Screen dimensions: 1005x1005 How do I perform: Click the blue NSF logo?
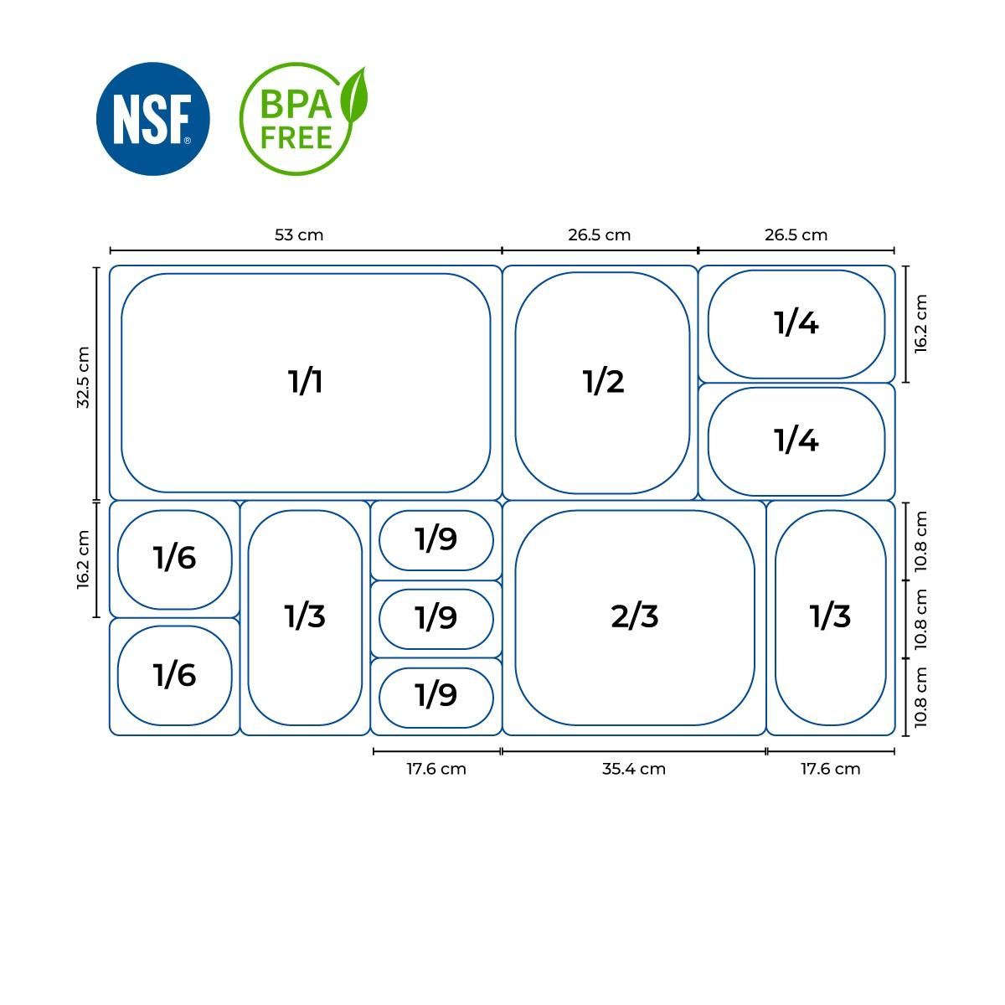152,119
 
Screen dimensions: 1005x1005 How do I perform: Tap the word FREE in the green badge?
296,137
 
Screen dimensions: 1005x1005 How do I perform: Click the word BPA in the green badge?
296,105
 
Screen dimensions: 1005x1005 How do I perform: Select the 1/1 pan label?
306,381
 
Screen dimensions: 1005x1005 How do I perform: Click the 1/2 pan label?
603,381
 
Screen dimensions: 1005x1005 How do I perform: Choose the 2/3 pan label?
634,616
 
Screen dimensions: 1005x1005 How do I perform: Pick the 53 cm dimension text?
299,234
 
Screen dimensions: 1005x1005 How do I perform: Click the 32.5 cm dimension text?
84,377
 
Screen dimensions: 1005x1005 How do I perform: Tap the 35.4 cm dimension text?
634,769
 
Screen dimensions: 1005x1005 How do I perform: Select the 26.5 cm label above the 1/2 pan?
600,234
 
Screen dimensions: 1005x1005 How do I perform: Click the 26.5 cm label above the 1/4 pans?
796,234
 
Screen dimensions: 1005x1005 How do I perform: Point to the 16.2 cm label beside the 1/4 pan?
921,324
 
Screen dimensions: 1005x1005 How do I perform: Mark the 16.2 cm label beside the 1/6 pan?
84,559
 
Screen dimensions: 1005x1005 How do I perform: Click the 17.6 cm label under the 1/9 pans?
436,769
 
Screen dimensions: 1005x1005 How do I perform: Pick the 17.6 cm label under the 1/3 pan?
830,769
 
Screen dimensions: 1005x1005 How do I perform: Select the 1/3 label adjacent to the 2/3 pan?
830,616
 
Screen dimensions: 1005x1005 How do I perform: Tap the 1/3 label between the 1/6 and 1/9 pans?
305,616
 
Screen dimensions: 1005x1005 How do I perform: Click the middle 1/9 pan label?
436,617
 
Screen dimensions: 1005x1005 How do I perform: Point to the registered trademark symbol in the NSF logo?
188,141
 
